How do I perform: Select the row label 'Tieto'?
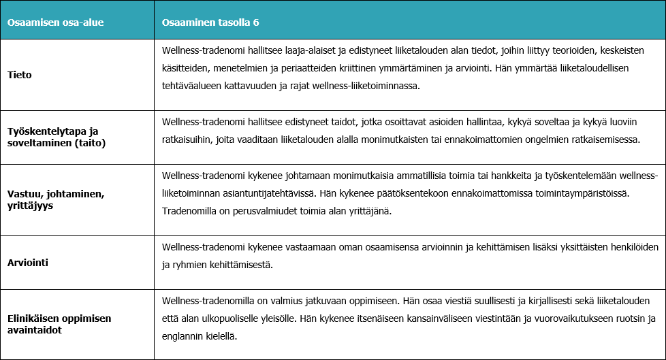click(20, 75)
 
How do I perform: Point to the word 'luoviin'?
click(618, 122)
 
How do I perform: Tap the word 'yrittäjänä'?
click(371, 211)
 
